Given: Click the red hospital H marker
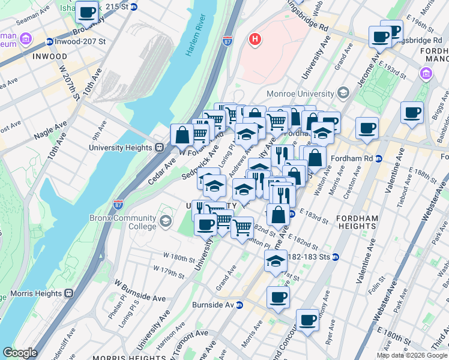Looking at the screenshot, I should click(256, 40).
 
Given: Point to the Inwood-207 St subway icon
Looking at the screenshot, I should click(49, 42).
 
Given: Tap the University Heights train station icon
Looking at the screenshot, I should click(160, 148).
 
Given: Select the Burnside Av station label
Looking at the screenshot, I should click(212, 305).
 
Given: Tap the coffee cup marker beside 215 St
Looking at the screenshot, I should click(87, 11).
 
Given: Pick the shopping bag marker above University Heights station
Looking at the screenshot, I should click(182, 135).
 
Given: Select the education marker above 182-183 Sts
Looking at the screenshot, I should click(276, 261).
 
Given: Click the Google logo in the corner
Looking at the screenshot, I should click(20, 353).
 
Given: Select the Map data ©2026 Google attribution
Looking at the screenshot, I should click(412, 355).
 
